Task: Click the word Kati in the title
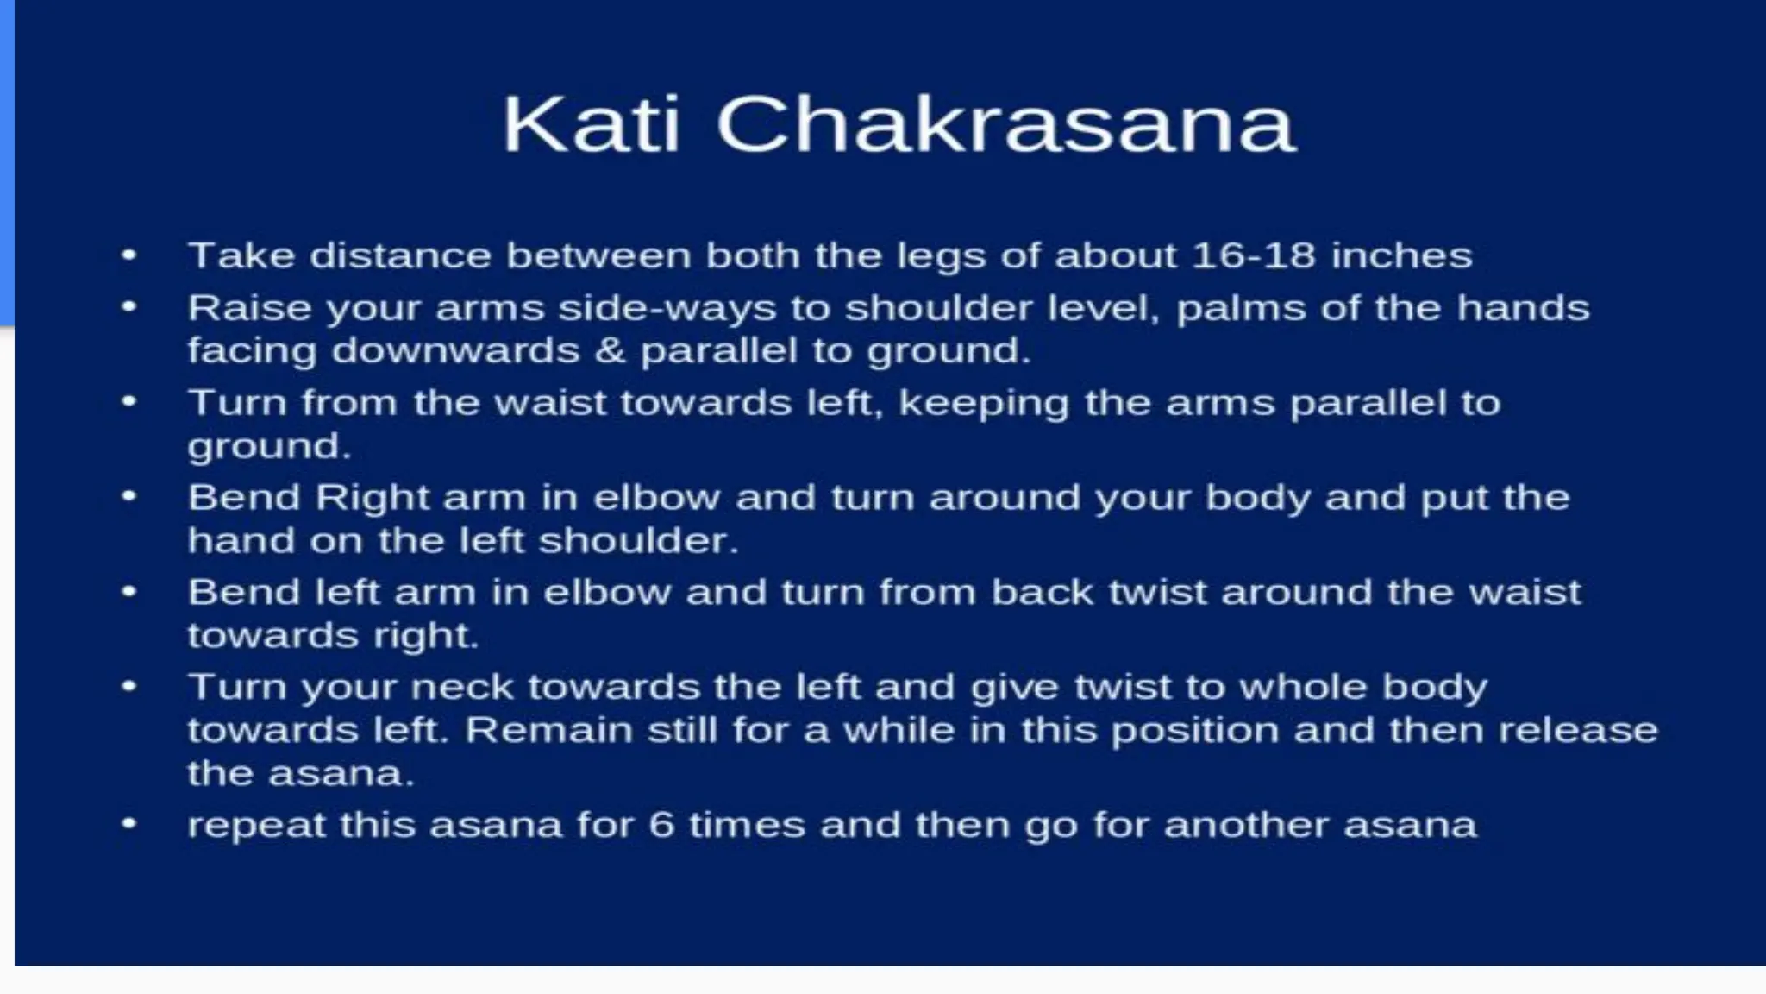point(591,125)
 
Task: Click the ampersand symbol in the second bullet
point(611,350)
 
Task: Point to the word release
point(1578,730)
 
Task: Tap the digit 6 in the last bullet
point(661,825)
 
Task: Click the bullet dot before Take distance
point(129,255)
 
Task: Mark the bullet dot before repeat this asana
point(129,824)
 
